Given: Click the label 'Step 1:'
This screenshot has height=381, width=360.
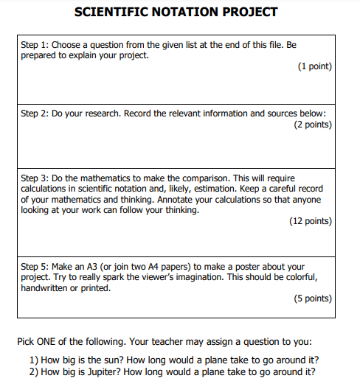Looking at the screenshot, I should pyautogui.click(x=35, y=45).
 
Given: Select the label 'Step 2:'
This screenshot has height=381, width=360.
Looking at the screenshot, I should pyautogui.click(x=35, y=114).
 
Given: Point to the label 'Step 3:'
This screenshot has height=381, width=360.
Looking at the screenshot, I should pyautogui.click(x=35, y=178).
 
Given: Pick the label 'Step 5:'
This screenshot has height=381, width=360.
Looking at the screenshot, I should pyautogui.click(x=35, y=267).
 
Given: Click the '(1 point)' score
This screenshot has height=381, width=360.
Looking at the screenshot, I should pyautogui.click(x=315, y=66).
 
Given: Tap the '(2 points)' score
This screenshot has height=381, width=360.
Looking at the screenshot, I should pyautogui.click(x=313, y=125).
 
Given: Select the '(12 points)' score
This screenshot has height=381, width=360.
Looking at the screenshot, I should pyautogui.click(x=311, y=221).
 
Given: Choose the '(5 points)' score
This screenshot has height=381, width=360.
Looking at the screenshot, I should pyautogui.click(x=313, y=298).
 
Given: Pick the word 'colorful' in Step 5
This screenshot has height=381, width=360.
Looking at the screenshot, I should pyautogui.click(x=299, y=277).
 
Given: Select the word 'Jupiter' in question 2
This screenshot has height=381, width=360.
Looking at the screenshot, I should pyautogui.click(x=97, y=371).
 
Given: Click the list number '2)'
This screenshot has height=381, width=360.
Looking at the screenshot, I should pyautogui.click(x=33, y=371).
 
